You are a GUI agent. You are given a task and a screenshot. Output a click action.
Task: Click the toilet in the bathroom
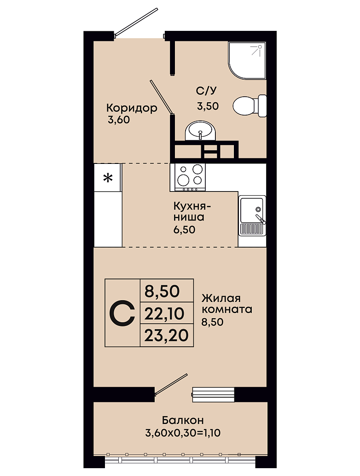[x=250, y=105]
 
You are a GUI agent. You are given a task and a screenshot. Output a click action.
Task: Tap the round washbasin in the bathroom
[x=200, y=131]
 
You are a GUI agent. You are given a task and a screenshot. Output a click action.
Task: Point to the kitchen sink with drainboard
[x=252, y=215]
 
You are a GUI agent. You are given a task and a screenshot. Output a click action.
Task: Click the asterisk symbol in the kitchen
[x=108, y=178]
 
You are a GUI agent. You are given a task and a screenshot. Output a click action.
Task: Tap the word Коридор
[x=132, y=108]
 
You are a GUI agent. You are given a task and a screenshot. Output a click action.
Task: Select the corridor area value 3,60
[x=119, y=120]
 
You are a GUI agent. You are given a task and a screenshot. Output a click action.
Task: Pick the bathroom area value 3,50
[x=208, y=106]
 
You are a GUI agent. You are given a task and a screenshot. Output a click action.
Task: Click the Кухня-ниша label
[x=192, y=212]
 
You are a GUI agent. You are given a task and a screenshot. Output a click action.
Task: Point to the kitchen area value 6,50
[x=184, y=230]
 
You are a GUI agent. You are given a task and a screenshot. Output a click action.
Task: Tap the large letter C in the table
[x=122, y=313]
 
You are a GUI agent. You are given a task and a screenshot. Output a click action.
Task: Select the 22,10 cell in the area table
[x=167, y=313]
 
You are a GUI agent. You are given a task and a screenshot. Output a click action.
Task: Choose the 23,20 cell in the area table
[x=167, y=336]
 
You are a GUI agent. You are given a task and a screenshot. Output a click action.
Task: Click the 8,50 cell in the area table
[x=167, y=290]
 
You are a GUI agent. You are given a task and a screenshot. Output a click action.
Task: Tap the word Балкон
[x=183, y=420]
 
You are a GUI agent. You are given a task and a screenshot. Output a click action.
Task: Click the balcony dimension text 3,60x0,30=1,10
[x=183, y=433]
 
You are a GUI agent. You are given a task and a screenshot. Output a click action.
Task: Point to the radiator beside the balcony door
[x=213, y=395]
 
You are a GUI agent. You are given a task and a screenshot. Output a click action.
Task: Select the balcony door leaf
[x=171, y=385]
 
